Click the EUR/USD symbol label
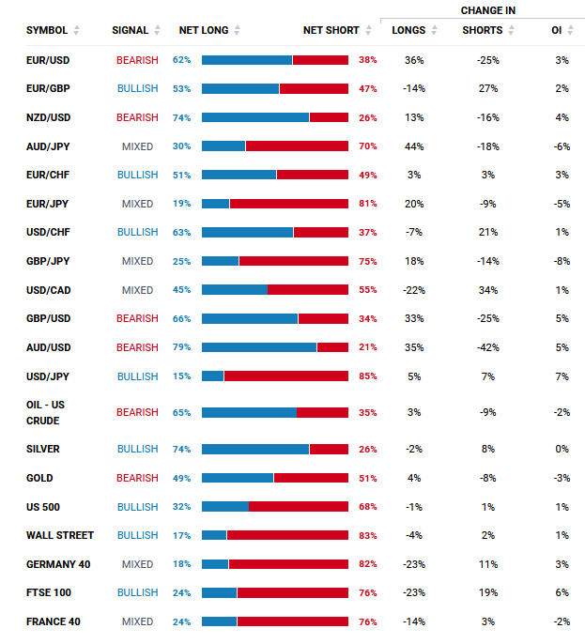click(48, 60)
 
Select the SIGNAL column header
click(130, 30)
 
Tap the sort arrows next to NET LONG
click(237, 30)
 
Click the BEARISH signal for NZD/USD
click(137, 118)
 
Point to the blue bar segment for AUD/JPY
click(223, 146)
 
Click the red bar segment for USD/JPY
click(286, 376)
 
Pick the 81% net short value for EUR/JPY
click(368, 204)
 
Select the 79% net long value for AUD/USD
click(181, 347)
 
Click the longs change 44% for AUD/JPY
click(414, 146)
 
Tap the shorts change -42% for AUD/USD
click(488, 347)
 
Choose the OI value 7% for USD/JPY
click(562, 376)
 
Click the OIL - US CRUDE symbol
click(45, 413)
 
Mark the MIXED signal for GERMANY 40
click(137, 564)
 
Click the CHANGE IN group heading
click(488, 10)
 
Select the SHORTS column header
click(483, 30)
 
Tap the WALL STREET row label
click(60, 535)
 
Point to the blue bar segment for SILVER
click(255, 450)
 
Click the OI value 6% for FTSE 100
click(562, 592)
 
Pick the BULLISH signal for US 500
click(137, 507)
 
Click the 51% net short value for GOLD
click(368, 479)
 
